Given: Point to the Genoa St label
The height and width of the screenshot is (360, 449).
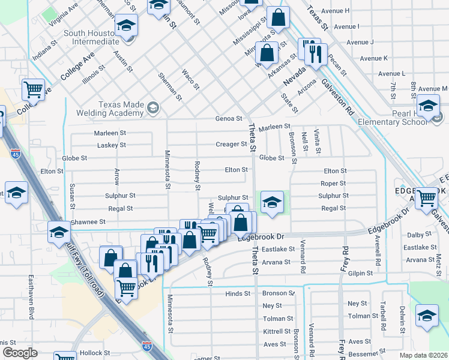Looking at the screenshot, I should [229, 119].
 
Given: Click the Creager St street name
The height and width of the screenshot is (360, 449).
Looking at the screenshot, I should [231, 144].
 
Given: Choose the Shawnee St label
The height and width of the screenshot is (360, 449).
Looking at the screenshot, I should [88, 222].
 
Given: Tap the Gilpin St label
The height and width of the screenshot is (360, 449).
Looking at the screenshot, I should [361, 273].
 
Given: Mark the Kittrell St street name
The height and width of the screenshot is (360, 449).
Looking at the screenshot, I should [277, 331].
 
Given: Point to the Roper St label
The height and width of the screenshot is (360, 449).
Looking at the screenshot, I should [333, 184].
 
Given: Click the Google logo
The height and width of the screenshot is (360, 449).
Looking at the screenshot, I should [20, 353].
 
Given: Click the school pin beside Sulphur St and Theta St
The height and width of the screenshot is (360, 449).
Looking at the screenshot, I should [272, 202].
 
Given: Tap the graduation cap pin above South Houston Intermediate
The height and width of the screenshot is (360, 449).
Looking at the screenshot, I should [126, 26].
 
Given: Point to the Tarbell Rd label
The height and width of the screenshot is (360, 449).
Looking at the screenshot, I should [382, 322].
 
